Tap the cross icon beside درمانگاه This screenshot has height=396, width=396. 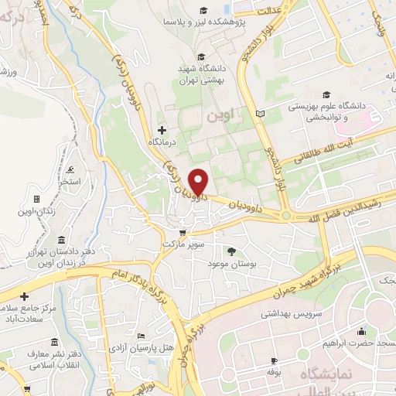click(x=162, y=129)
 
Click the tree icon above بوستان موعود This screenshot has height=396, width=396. click(x=230, y=251)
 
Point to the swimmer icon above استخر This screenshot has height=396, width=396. click(x=71, y=169)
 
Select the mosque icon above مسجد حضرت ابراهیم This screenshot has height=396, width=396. click(x=360, y=332)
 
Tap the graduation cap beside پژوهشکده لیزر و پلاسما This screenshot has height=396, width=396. click(x=203, y=11)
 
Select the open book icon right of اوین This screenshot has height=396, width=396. click(x=259, y=114)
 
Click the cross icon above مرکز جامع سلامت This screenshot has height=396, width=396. click(x=25, y=296)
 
